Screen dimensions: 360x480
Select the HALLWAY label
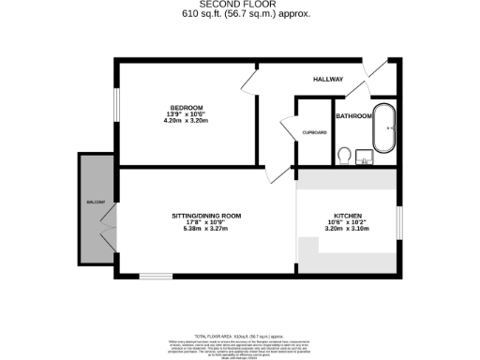pos(328,80)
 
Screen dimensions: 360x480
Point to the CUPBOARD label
pos(314,133)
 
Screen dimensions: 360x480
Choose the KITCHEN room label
pos(335,216)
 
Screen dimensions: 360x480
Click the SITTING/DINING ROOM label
pos(206,216)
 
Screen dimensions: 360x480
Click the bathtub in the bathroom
pos(384,128)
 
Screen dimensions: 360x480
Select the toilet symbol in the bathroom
pos(344,153)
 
